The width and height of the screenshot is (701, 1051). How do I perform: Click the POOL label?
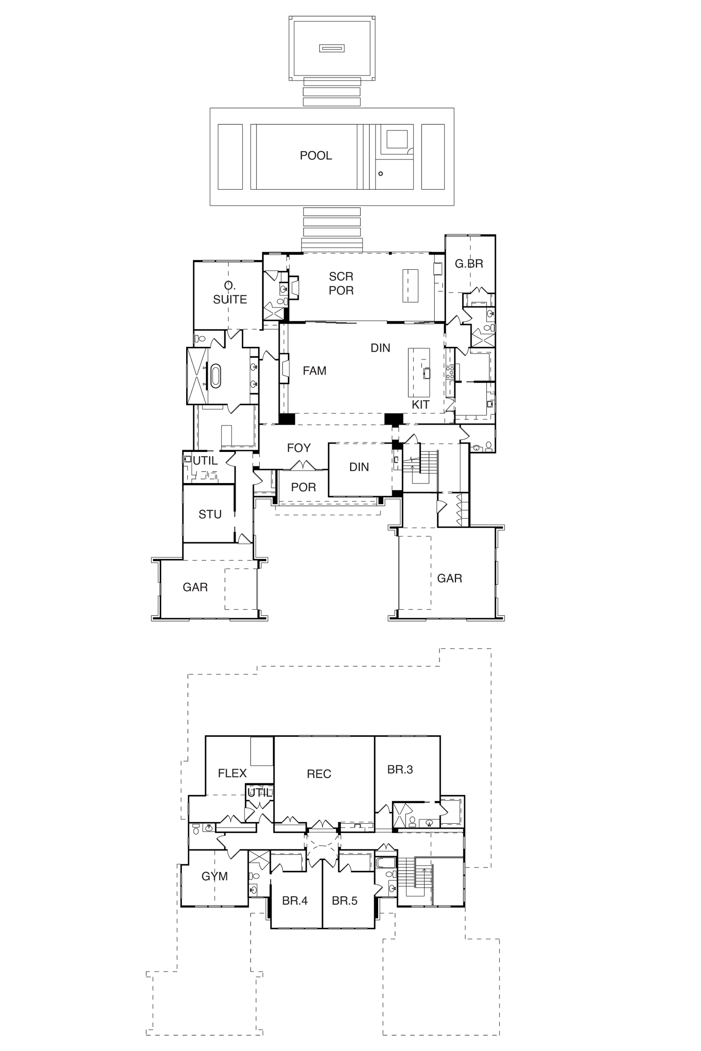pos(315,155)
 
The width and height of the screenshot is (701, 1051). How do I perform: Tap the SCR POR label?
pos(341,283)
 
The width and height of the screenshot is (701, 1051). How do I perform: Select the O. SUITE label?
pos(230,292)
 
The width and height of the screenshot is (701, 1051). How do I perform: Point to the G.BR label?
pos(469,264)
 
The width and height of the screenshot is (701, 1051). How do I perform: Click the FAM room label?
pos(314,370)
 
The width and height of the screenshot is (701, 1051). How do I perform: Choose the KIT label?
pos(420,404)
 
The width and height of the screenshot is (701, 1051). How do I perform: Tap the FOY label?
pos(299,448)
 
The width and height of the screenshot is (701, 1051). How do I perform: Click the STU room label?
pos(210,514)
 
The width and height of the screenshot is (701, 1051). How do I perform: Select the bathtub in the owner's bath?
pos(216,376)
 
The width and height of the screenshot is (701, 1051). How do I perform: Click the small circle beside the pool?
pos(381,173)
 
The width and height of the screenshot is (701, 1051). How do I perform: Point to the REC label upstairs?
pos(319,774)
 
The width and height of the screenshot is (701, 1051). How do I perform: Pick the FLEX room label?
pos(232,773)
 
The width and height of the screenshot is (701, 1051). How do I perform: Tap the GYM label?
pos(215,876)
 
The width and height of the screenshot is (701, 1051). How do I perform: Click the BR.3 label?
pos(400,769)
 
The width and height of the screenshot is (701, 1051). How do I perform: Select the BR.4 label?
pos(294,901)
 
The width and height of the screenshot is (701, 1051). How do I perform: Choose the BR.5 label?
pos(344,901)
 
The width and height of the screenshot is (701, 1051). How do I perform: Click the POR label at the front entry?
pos(303,487)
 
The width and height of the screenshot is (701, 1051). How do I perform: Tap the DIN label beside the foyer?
pos(359,467)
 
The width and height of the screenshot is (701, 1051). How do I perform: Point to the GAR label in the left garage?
pos(195,587)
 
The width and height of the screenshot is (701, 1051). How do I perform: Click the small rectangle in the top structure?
pos(332,48)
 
